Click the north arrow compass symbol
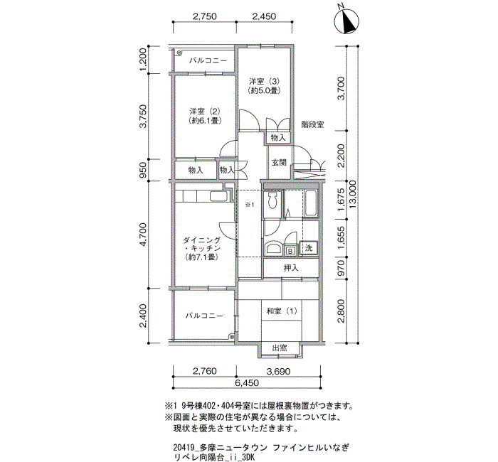[x=346, y=21]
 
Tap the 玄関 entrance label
[x=279, y=163]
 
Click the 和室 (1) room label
[x=282, y=311]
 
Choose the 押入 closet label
[x=291, y=268]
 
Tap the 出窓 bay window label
[x=280, y=348]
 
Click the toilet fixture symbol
[x=272, y=200]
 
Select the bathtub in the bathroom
[x=311, y=203]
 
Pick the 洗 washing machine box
[x=309, y=248]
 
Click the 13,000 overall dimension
[x=353, y=195]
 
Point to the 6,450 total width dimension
[x=247, y=383]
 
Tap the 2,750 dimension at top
[x=205, y=16]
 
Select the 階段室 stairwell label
[x=312, y=124]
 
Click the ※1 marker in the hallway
[x=250, y=205]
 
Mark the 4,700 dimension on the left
[x=144, y=235]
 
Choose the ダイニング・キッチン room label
[x=202, y=249]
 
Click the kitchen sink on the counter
[x=218, y=196]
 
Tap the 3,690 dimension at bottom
[x=278, y=371]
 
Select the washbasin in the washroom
[x=272, y=248]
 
